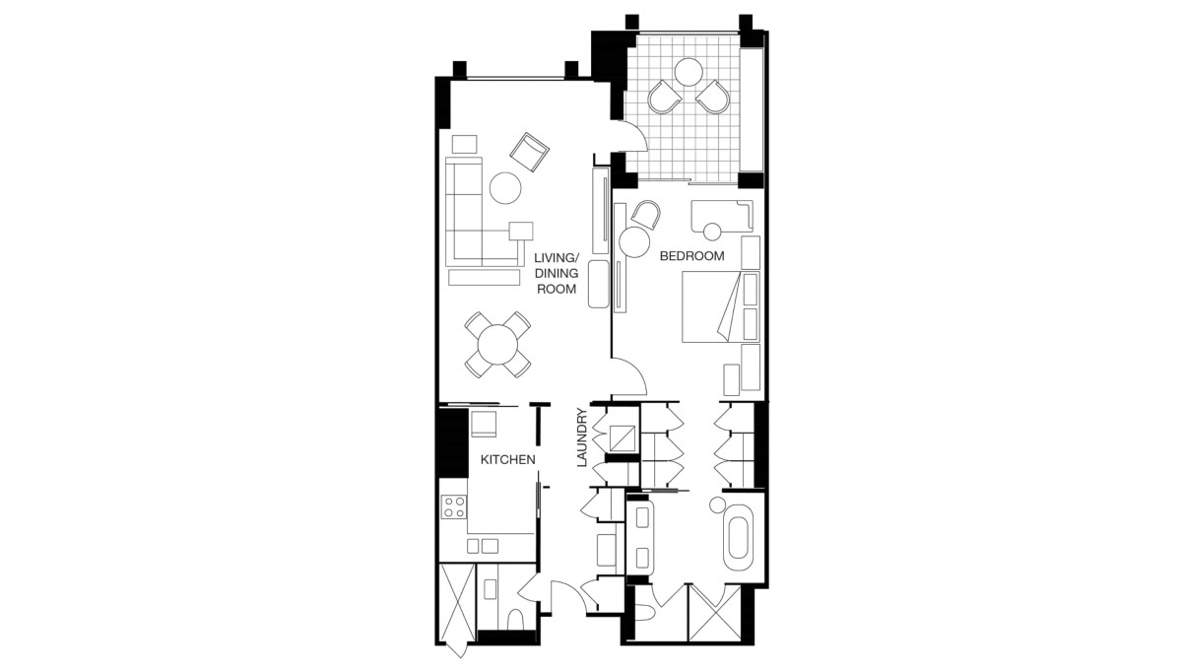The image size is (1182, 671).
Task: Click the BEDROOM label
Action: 691,256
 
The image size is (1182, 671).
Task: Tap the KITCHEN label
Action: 507,460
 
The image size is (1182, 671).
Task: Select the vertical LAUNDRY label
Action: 581,437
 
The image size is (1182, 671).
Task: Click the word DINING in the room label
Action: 557,274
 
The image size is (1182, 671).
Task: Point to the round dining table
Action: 497,345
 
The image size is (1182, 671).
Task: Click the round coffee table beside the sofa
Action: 505,188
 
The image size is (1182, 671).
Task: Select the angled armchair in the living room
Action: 529,152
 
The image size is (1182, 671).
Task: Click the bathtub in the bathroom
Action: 738,537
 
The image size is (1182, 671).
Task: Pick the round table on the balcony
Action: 689,72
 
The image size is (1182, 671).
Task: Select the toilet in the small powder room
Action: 515,620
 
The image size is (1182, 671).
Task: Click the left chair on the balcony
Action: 664,97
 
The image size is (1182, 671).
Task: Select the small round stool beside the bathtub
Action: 718,505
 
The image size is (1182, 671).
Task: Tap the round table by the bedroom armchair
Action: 634,242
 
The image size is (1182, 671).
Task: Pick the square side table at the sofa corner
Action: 521,231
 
